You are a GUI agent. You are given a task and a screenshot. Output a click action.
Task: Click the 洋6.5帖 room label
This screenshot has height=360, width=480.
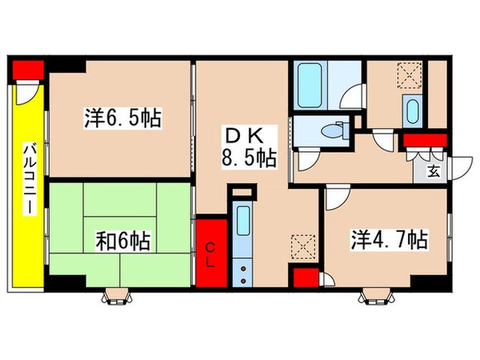pyautogui.click(x=122, y=120)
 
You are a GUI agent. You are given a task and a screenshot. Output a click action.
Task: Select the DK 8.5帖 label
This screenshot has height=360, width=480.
pyautogui.click(x=248, y=146)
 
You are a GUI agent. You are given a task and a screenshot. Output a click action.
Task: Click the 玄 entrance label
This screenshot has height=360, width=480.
pyautogui.click(x=432, y=170)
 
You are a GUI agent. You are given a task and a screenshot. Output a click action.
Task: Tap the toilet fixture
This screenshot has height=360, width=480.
pyautogui.click(x=331, y=130)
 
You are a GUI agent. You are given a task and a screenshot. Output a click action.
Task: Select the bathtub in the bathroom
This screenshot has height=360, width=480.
pyautogui.click(x=310, y=86)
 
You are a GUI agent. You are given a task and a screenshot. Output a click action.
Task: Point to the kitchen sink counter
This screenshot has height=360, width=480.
pyautogui.click(x=246, y=240)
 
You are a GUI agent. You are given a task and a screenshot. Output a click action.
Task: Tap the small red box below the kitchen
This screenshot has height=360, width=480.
pyautogui.click(x=303, y=278)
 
